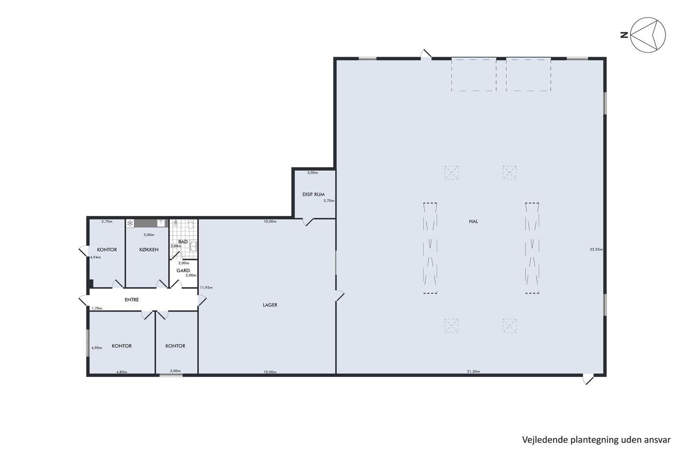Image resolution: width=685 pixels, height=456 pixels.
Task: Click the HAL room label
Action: coord(473,221)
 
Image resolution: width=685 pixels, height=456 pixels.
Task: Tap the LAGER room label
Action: coord(270,305)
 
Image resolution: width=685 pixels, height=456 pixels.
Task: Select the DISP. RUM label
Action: coord(314,194)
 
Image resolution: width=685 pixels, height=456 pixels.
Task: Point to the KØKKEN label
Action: coord(149,250)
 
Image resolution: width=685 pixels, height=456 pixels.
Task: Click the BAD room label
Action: coord(183,241)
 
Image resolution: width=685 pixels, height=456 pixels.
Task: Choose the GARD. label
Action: coord(183,271)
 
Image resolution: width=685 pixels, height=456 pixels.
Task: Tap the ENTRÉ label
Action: coord(132,300)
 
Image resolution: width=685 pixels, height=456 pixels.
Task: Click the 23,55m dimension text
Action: coord(596,249)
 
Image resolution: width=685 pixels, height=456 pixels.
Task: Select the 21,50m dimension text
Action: coord(474,371)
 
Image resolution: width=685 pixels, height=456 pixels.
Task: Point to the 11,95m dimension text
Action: coord(206,287)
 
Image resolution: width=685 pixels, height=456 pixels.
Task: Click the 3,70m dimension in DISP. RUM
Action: coord(329,201)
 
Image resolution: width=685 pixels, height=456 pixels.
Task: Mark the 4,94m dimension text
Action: coord(95,257)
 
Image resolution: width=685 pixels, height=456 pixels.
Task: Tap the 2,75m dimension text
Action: coord(107,221)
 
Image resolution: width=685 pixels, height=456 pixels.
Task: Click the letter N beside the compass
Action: coord(624,35)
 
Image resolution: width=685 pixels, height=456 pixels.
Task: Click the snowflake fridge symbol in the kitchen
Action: coord(130,223)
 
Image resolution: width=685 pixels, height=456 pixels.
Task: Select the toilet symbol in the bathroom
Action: coord(191,225)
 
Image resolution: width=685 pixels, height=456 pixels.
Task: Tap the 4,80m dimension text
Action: coord(122,372)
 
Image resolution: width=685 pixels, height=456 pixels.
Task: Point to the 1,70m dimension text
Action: coord(97,308)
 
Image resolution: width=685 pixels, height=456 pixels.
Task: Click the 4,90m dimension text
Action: coord(97,347)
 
